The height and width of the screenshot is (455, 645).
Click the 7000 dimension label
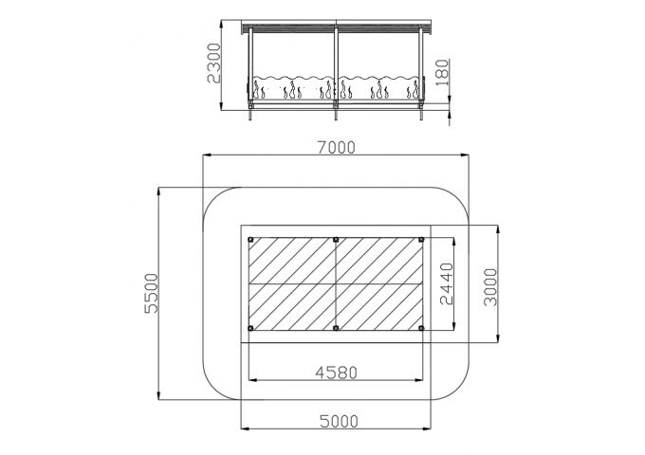click(336, 147)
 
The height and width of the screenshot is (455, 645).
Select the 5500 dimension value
click(152, 293)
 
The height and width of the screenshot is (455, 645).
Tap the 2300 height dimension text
click(214, 63)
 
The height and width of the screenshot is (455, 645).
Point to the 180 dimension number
click(441, 72)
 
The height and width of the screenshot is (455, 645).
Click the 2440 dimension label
click(447, 283)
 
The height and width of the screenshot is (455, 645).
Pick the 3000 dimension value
click(490, 287)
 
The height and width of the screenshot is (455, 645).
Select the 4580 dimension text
click(336, 373)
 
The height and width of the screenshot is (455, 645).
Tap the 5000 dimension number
click(339, 421)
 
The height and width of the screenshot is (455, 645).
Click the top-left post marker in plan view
click(250, 239)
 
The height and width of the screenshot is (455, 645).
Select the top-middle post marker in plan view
click(336, 239)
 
